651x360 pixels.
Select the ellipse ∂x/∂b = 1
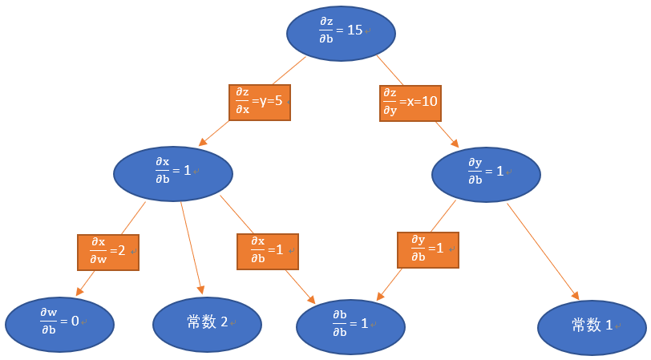tap(173, 173)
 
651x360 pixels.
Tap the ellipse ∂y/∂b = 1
tap(486, 174)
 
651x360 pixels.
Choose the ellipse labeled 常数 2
tap(207, 323)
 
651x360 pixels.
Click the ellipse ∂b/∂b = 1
tap(350, 326)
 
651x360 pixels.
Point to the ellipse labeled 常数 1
tap(592, 326)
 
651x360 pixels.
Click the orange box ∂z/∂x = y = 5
tap(259, 102)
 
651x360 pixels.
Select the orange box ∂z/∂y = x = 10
tap(409, 102)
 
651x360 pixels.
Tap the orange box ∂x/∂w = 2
tap(107, 252)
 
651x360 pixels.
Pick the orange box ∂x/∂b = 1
tap(267, 251)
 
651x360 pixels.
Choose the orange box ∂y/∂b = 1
tap(428, 249)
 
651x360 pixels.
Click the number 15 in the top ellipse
tap(354, 30)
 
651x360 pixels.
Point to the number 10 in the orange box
tap(428, 102)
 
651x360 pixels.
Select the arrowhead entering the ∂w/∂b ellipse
tap(80, 293)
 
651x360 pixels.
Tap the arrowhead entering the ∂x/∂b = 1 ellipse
tap(204, 142)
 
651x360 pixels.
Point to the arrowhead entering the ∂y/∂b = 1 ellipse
tap(455, 144)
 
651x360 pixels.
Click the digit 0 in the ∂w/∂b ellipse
tap(75, 321)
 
